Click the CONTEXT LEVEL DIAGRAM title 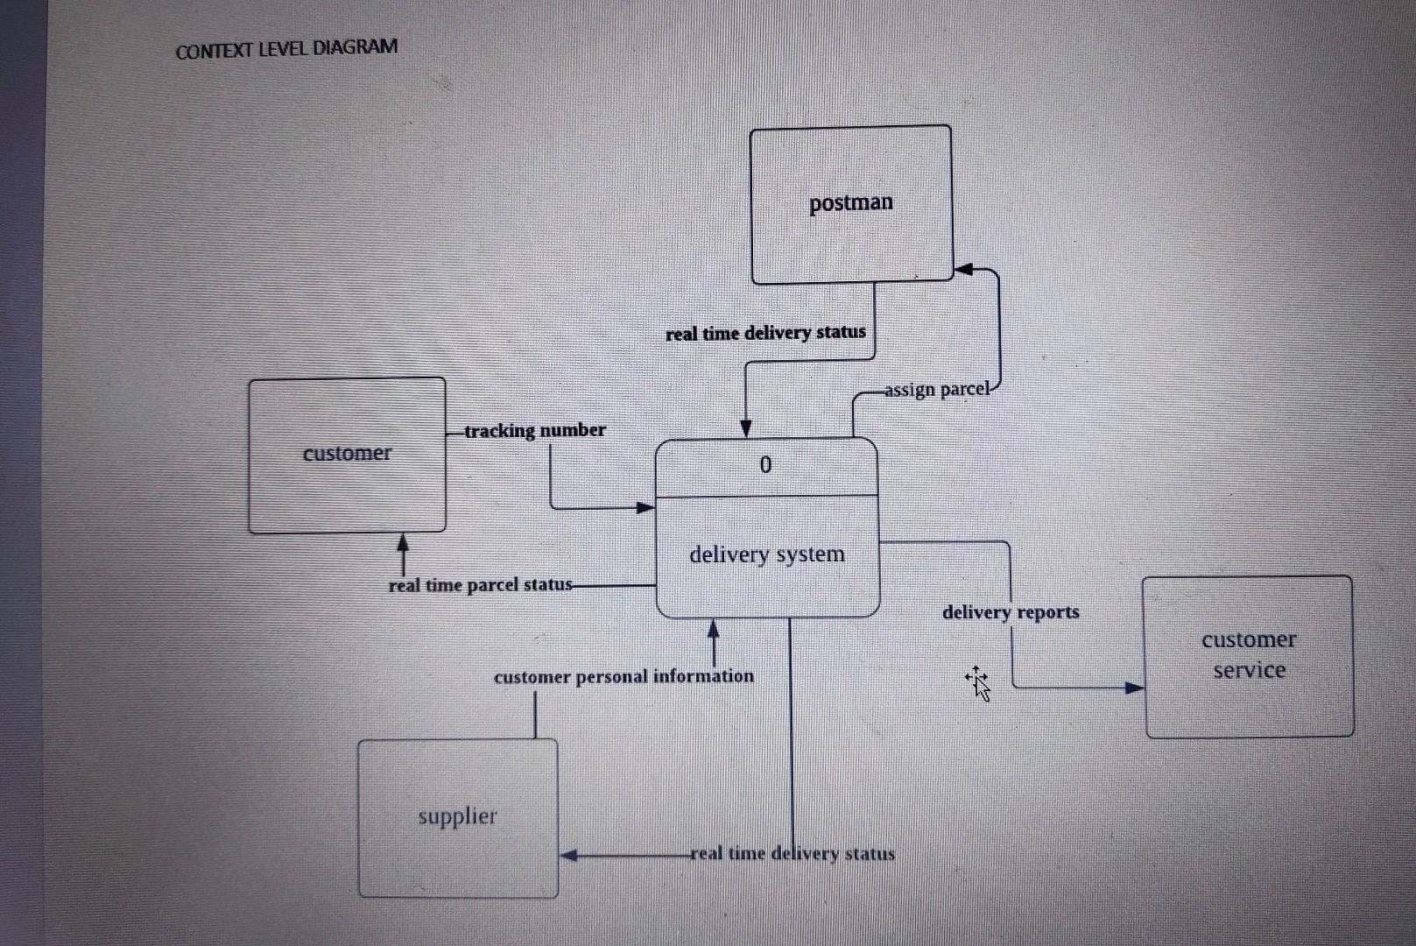point(286,48)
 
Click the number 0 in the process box point(766,465)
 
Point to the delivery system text point(767,554)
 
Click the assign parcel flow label point(936,389)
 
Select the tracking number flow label point(535,430)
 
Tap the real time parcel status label point(480,585)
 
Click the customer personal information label point(623,676)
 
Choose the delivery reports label point(1011,612)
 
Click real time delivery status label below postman point(765,333)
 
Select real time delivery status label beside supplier point(793,853)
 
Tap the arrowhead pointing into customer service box point(1134,688)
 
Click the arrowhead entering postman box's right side point(964,269)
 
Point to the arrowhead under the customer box point(403,543)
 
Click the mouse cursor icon point(978,683)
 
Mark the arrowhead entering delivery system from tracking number point(645,507)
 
